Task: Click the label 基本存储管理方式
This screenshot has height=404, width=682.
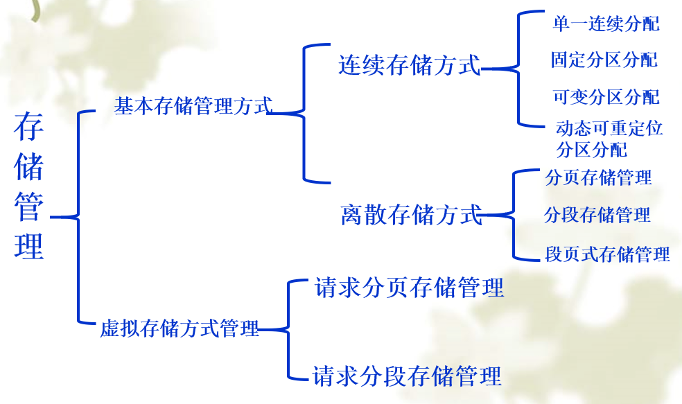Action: (x=193, y=105)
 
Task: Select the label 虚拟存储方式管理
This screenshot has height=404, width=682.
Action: (x=180, y=328)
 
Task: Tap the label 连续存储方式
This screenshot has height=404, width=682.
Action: (x=410, y=65)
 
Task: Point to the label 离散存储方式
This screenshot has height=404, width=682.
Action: (x=412, y=215)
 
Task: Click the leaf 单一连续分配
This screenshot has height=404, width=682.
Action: (x=606, y=24)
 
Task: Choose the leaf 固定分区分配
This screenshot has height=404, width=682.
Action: (x=604, y=60)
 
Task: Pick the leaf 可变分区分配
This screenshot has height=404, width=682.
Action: (x=606, y=97)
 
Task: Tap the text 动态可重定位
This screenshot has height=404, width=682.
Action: (x=609, y=128)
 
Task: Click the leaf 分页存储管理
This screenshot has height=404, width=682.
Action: (x=599, y=177)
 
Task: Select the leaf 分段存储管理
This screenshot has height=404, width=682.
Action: (x=597, y=215)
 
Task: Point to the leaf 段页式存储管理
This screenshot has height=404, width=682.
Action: (x=607, y=254)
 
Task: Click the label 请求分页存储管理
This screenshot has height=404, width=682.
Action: (x=410, y=288)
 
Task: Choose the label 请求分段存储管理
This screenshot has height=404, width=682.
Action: (x=407, y=376)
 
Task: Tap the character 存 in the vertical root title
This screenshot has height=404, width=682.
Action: (x=28, y=127)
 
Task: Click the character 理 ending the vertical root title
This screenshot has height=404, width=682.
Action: (x=28, y=246)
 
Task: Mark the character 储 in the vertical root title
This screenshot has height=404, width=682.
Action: (x=28, y=166)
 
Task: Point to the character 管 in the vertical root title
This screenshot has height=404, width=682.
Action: (x=28, y=207)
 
